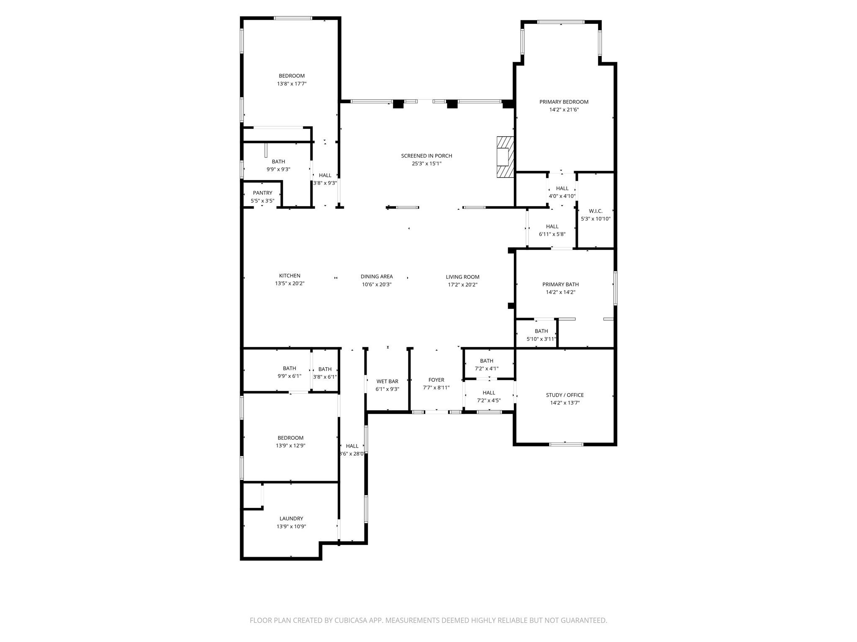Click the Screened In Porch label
point(426,156)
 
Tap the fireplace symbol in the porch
point(505,157)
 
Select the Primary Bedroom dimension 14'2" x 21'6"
point(564,110)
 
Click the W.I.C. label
point(595,211)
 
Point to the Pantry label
point(262,193)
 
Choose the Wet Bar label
point(387,381)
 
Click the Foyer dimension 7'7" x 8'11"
point(436,387)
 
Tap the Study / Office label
point(564,395)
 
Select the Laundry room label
point(291,519)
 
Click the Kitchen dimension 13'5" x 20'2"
point(290,283)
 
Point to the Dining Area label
point(377,276)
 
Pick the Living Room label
point(462,277)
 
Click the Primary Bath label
point(560,285)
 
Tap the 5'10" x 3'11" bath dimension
point(541,339)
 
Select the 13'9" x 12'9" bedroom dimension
point(290,446)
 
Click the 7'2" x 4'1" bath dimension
point(486,369)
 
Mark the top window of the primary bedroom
point(561,22)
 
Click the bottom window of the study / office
point(566,444)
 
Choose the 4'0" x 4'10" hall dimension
point(562,196)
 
